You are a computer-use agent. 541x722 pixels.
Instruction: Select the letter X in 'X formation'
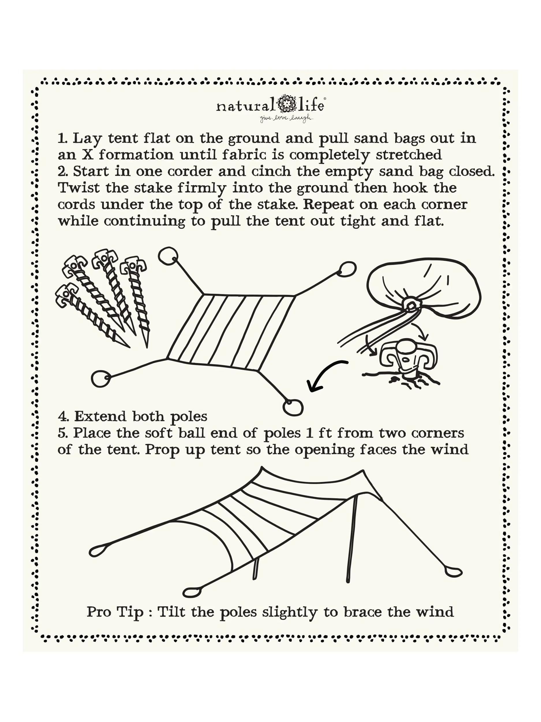coord(87,155)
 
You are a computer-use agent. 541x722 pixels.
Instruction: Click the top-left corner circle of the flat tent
coord(168,255)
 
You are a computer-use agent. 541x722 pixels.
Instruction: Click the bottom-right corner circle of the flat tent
coord(293,407)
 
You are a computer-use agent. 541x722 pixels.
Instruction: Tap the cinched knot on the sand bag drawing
coord(411,305)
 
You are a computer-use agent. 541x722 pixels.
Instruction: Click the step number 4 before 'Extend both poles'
coord(62,416)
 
